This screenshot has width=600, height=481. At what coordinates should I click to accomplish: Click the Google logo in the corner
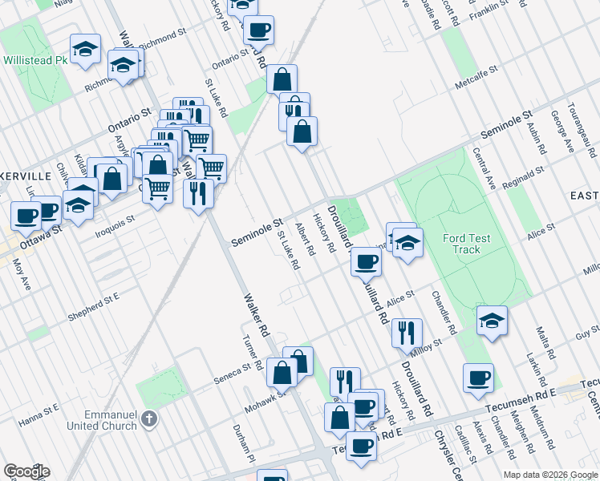(x=26, y=471)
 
